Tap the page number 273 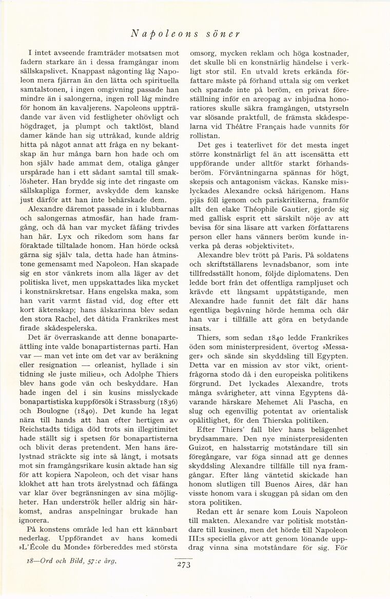tap(183, 565)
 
